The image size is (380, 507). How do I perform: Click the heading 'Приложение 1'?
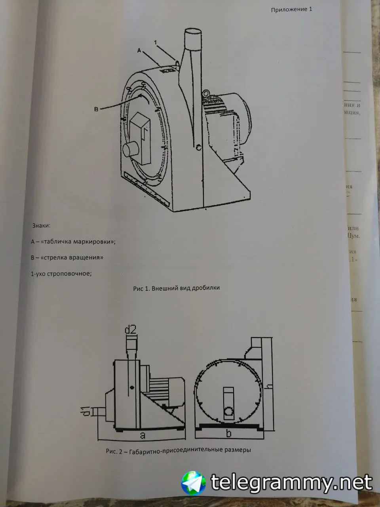click(x=291, y=10)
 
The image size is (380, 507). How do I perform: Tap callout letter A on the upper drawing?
click(x=139, y=50)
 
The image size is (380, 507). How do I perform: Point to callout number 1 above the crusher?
click(x=156, y=42)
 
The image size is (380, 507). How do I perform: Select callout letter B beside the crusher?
click(x=96, y=109)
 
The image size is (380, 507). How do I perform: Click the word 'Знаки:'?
click(x=41, y=226)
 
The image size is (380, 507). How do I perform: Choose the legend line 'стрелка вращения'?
click(x=67, y=257)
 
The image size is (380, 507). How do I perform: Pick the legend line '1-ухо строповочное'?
click(x=61, y=273)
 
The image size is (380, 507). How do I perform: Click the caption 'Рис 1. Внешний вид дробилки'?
click(x=176, y=288)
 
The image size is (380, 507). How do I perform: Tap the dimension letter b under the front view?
click(x=228, y=434)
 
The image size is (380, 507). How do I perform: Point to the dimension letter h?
click(x=270, y=383)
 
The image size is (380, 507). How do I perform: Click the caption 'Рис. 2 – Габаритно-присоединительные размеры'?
click(x=179, y=450)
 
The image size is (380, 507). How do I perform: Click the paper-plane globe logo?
click(x=194, y=482)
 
